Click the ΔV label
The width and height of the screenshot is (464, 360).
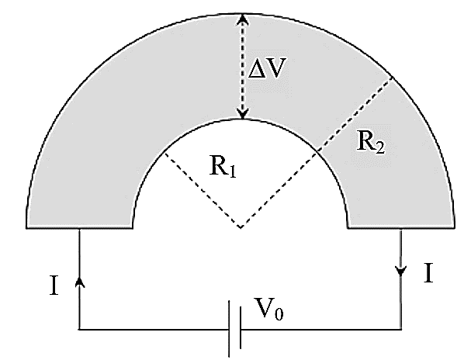click(x=267, y=68)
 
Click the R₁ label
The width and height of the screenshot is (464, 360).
click(x=223, y=166)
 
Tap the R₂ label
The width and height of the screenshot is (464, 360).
click(x=371, y=142)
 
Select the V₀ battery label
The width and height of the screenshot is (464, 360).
click(x=268, y=309)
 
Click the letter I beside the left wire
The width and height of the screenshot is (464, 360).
click(x=54, y=286)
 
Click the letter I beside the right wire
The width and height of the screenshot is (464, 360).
click(x=428, y=273)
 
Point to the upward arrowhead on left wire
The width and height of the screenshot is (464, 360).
click(x=79, y=282)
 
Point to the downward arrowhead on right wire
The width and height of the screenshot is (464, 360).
click(x=401, y=272)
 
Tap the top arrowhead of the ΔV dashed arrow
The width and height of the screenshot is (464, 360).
click(x=243, y=19)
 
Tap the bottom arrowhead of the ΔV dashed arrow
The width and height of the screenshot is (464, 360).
click(x=243, y=113)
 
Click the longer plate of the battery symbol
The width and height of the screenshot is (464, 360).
click(x=230, y=329)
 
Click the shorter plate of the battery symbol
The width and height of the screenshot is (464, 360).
click(x=241, y=327)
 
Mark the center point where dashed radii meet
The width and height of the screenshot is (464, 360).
click(x=241, y=228)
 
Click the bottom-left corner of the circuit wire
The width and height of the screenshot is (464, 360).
click(x=79, y=329)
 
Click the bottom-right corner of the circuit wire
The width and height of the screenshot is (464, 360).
click(x=401, y=329)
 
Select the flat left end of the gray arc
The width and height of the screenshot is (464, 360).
click(x=79, y=228)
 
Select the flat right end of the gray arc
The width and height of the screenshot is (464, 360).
click(x=401, y=228)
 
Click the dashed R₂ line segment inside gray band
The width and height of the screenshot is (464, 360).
click(x=355, y=115)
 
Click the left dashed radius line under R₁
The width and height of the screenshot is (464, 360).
click(x=203, y=191)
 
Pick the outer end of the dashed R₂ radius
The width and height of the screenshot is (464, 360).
click(x=393, y=78)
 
